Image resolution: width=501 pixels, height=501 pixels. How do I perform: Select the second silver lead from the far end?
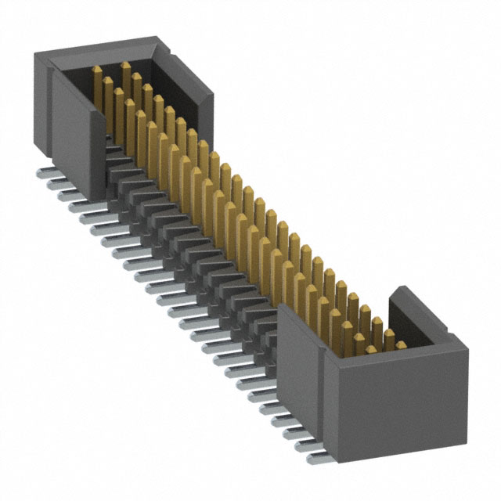55,181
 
